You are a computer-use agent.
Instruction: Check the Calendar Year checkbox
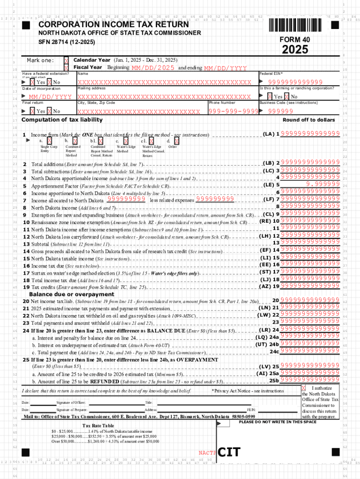pos(66,60)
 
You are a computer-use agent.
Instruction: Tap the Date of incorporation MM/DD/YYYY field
pos(50,97)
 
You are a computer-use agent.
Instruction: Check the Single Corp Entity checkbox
pos(49,140)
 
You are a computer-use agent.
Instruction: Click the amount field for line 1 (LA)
pos(310,134)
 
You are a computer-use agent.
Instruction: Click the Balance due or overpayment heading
pos(72,294)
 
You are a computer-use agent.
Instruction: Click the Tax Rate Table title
pos(98,425)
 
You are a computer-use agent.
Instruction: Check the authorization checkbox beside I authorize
pos(303,388)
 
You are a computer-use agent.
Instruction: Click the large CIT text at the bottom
pos(230,452)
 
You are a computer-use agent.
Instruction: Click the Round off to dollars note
pos(309,120)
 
